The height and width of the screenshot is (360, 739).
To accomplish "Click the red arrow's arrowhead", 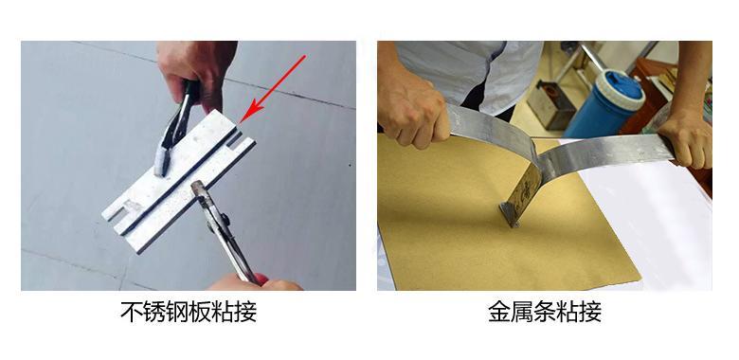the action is coord(250,112).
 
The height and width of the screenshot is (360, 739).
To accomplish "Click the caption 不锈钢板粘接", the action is coord(189,312).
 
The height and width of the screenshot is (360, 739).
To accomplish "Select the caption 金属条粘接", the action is coord(545,312).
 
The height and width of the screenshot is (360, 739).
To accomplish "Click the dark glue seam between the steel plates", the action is coord(179,183).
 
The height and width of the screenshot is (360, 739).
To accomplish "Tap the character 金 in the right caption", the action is coord(499,312).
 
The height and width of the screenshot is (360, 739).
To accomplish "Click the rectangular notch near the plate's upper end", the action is coord(235,141).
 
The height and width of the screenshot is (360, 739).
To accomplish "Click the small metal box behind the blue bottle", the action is coord(551,105).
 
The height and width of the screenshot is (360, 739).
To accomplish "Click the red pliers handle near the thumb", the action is coord(261,279).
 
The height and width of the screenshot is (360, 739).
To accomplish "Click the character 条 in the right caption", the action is coord(545,312).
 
